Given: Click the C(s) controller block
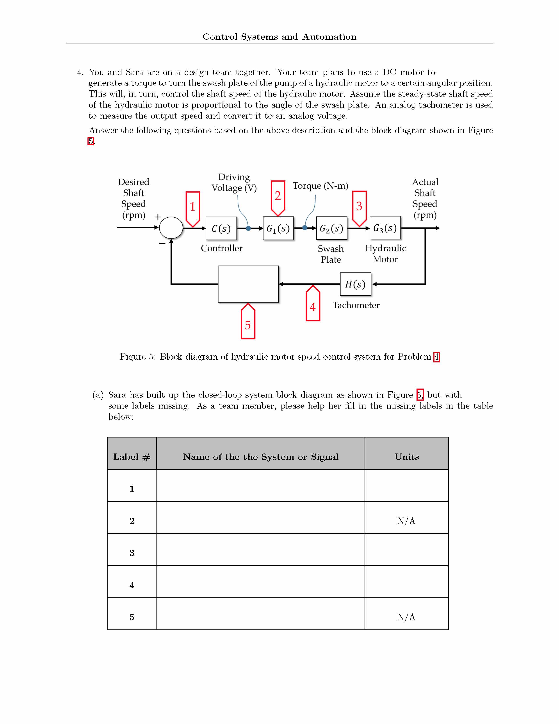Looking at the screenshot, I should point(221,228).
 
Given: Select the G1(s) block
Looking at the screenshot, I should point(278,228).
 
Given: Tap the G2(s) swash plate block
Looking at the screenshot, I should point(331,228).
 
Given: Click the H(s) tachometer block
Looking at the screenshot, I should point(355,284).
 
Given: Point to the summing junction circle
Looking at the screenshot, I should point(171,228).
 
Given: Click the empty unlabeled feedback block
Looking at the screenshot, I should point(248,284).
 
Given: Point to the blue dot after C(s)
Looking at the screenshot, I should point(248,228).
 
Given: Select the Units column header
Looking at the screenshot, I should point(407,457).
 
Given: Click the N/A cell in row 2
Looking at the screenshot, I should point(406,521).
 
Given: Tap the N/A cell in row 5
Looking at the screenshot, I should point(406,617).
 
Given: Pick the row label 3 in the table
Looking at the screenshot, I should point(132,553).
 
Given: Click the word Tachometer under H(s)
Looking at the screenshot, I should point(356,305).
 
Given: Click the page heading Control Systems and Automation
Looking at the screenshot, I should point(279,37).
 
